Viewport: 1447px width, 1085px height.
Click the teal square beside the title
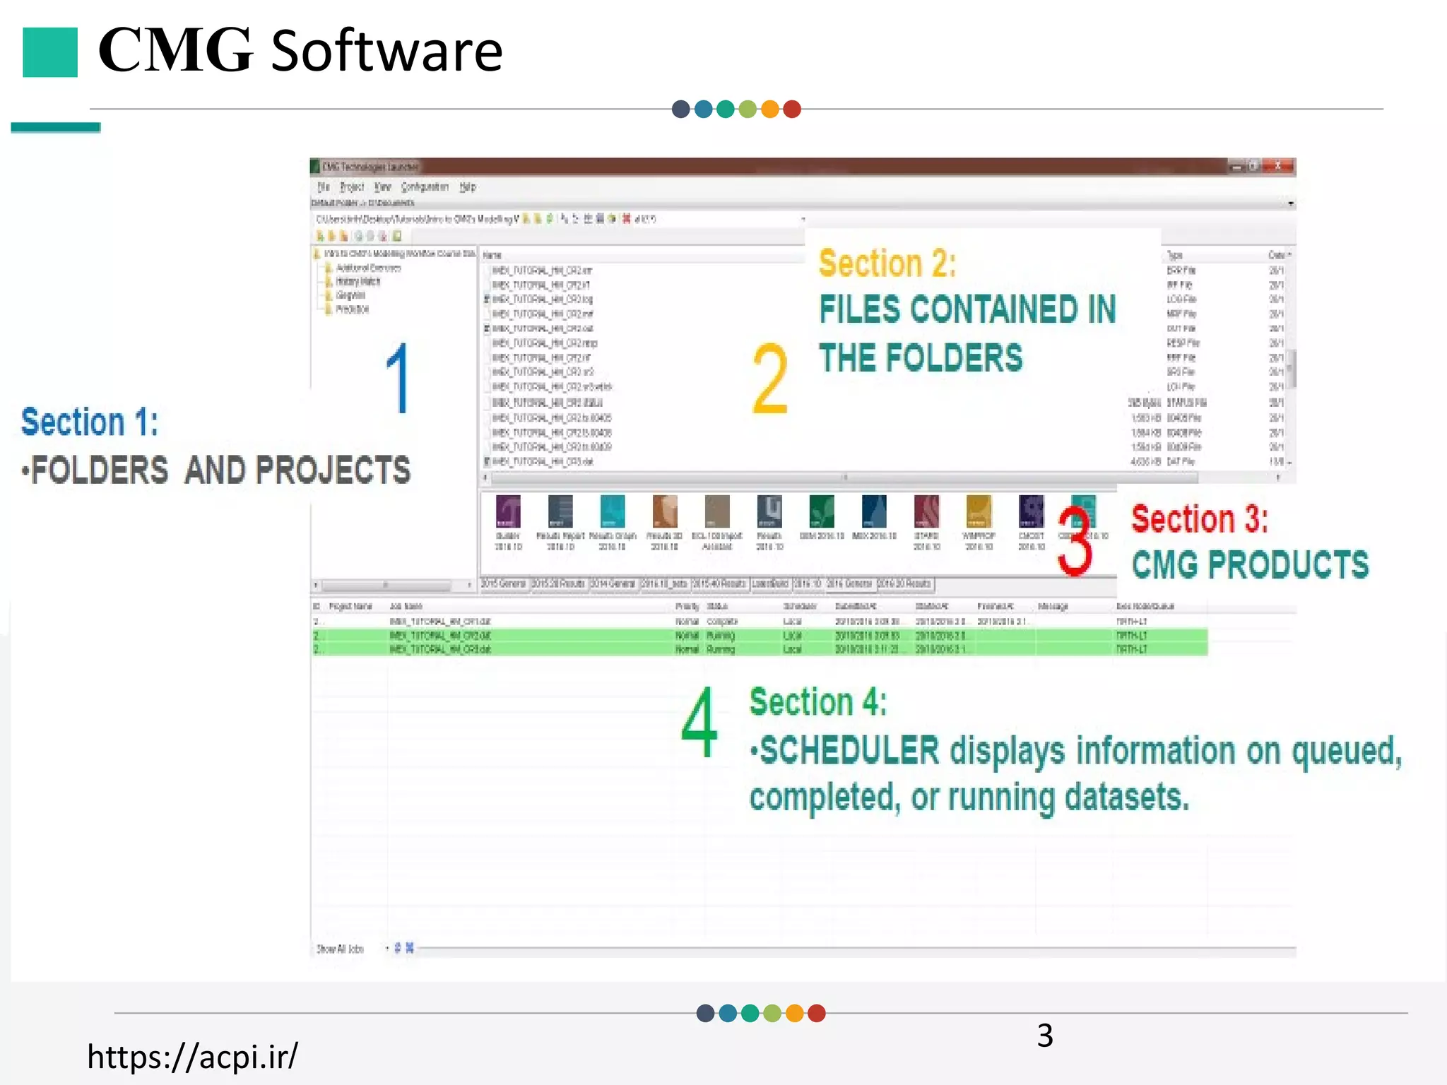49,52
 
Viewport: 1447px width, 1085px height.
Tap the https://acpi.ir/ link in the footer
192,1056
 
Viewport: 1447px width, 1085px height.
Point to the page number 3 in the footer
1045,1036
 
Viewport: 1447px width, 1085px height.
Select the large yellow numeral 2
769,379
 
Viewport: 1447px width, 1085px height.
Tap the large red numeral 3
1075,541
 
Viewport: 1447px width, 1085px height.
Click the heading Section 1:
90,422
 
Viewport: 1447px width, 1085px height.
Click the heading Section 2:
887,263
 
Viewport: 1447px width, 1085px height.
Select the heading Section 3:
1200,519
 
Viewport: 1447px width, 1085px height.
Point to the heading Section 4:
817,702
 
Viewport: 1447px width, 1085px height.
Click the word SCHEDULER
849,750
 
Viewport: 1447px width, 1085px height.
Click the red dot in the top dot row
792,109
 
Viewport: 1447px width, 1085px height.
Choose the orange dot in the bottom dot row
795,1014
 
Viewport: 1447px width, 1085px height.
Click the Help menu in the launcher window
468,187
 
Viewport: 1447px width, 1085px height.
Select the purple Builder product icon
508,511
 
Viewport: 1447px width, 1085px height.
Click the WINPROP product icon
979,511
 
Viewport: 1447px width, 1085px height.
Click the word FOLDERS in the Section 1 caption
100,470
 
